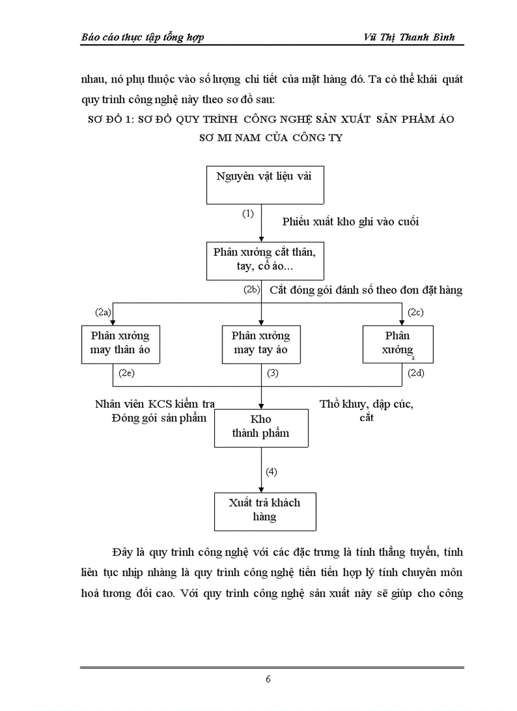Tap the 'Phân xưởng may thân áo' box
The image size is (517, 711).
[120, 343]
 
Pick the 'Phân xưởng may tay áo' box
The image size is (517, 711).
[261, 343]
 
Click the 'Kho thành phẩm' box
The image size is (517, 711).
[260, 427]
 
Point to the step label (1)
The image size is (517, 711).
[248, 213]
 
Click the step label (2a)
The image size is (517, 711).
[103, 312]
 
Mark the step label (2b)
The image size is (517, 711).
[252, 291]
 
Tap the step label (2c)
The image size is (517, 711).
[416, 312]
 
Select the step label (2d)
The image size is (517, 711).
[416, 374]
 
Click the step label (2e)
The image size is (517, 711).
[126, 374]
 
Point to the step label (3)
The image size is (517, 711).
[272, 374]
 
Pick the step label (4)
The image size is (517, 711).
[271, 472]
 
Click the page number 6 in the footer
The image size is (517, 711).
[268, 679]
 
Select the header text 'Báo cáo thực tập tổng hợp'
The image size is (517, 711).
[143, 37]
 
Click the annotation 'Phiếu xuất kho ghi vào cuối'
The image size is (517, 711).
[350, 222]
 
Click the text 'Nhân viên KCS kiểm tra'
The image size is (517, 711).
[155, 404]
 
